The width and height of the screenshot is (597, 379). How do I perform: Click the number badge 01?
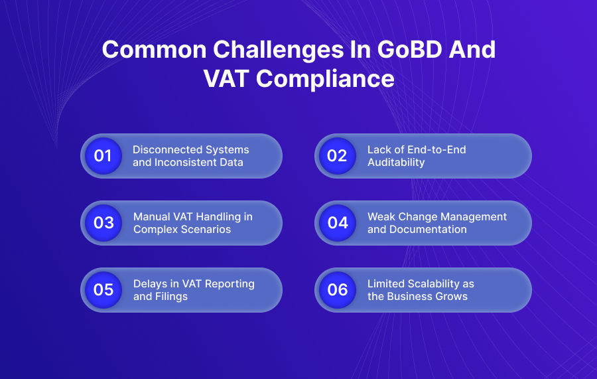(x=103, y=156)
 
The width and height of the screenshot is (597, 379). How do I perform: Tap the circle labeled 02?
(x=337, y=156)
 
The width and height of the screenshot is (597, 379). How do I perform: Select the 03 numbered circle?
(x=103, y=223)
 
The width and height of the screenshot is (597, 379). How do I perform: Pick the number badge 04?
(x=337, y=223)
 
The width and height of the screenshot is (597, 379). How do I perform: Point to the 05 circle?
(x=103, y=290)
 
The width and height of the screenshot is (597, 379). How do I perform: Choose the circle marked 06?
(x=337, y=290)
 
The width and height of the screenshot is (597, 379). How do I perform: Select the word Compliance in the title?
(x=325, y=78)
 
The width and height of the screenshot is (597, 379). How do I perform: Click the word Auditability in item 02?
(x=396, y=162)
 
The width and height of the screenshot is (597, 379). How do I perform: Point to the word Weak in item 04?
(x=381, y=216)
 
